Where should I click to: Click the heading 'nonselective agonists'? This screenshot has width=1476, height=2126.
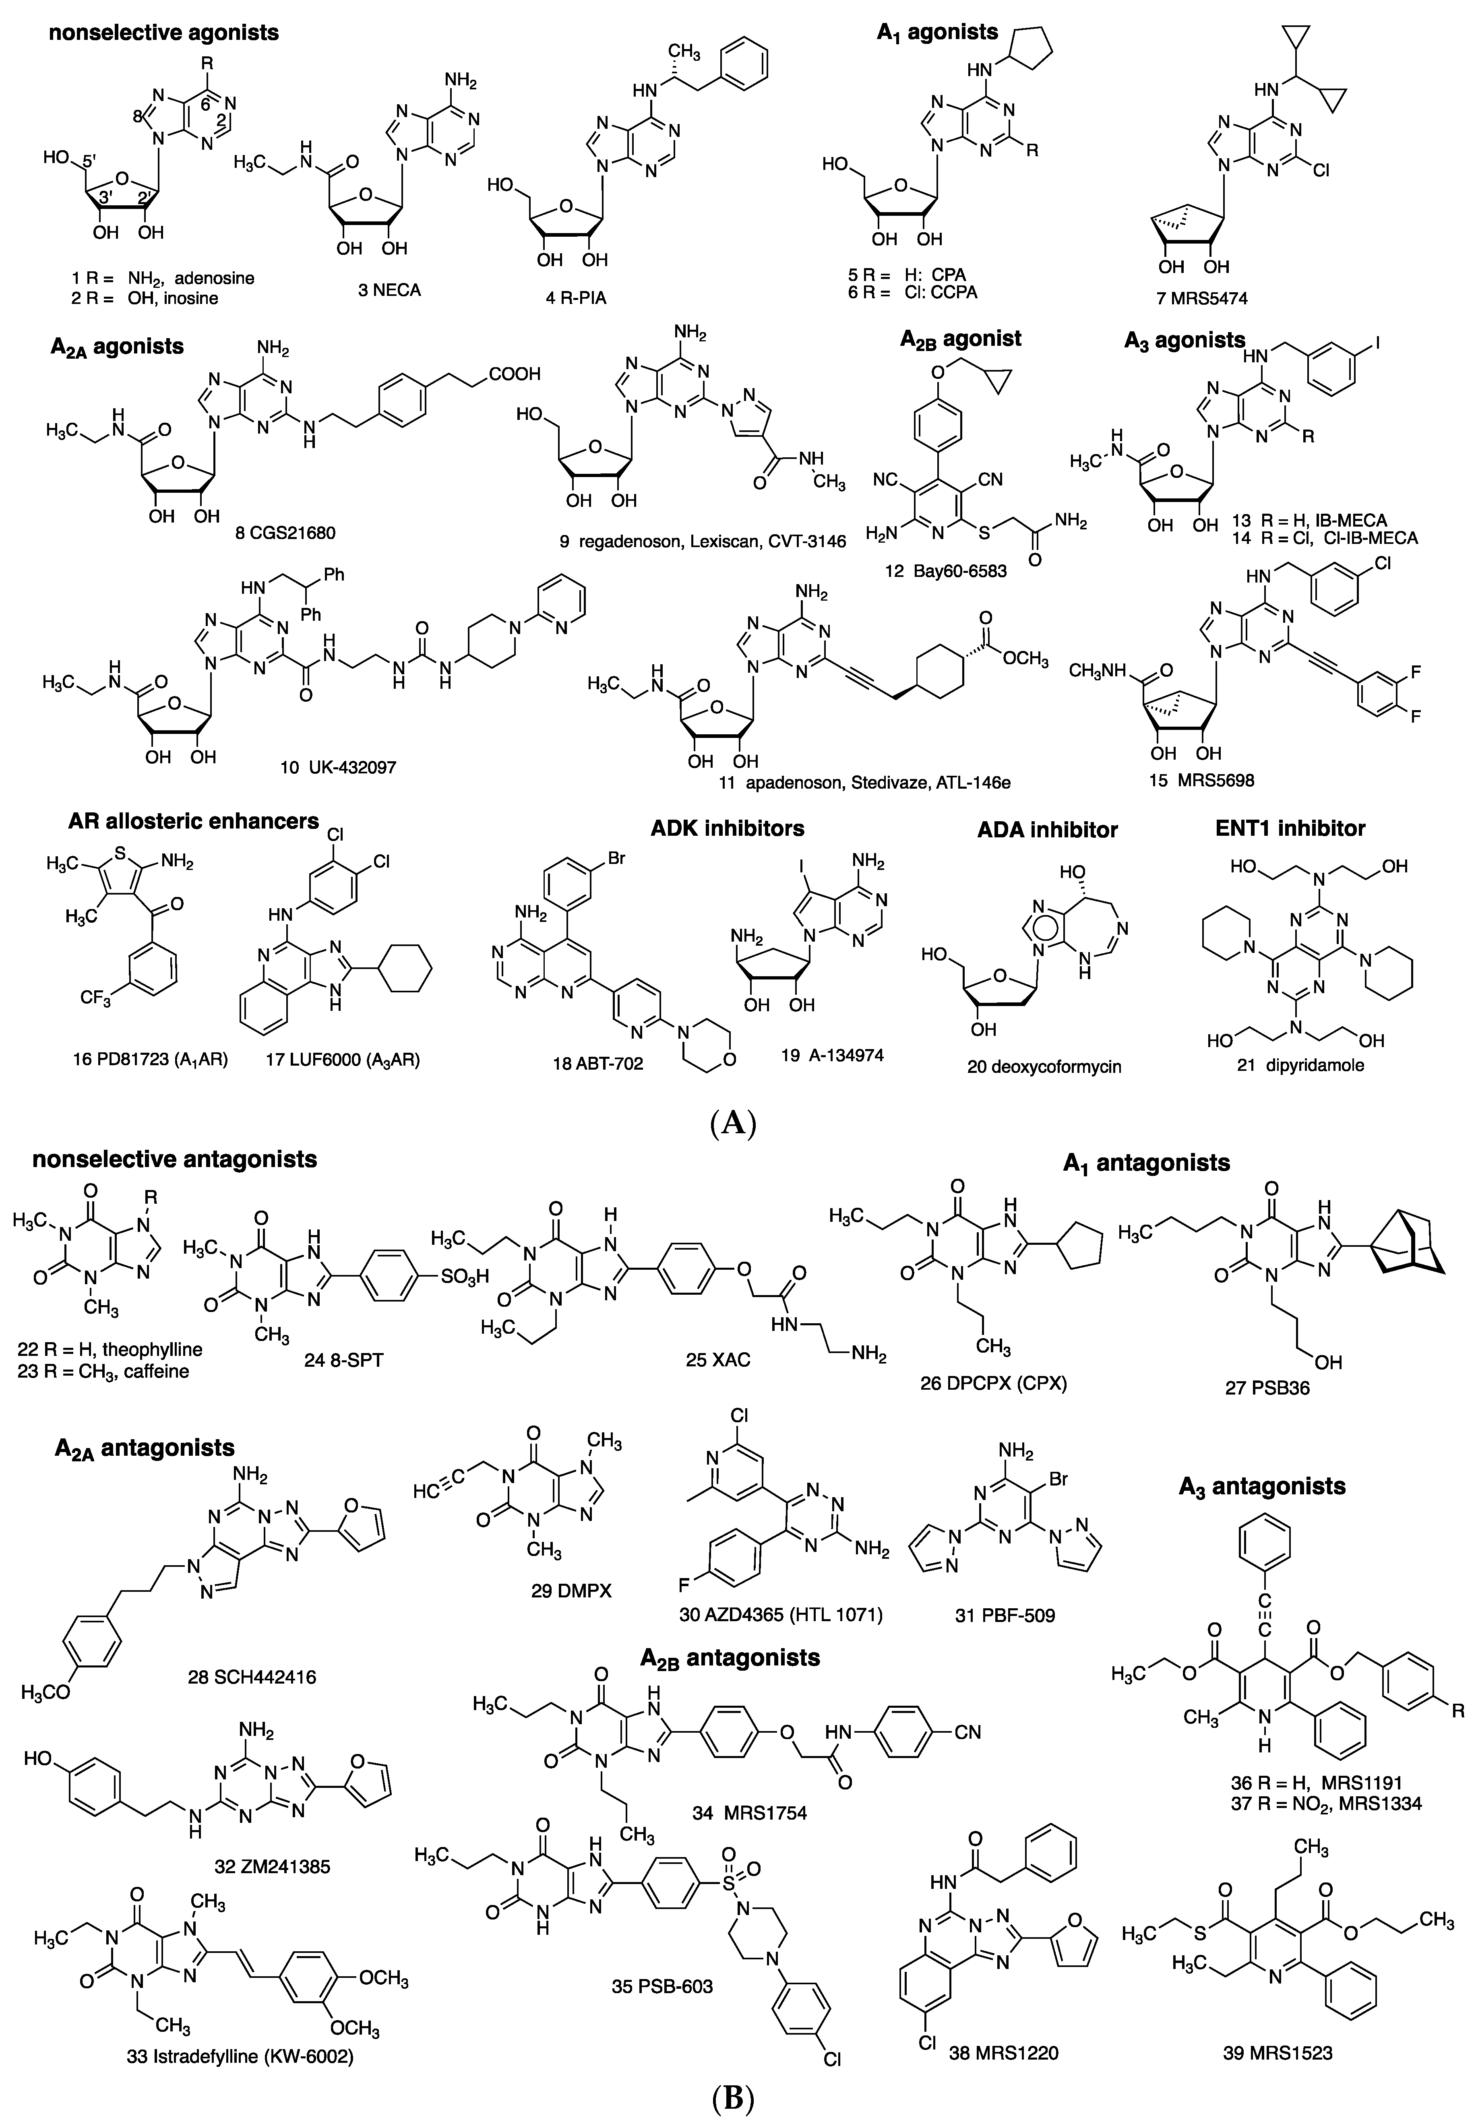(x=159, y=33)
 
